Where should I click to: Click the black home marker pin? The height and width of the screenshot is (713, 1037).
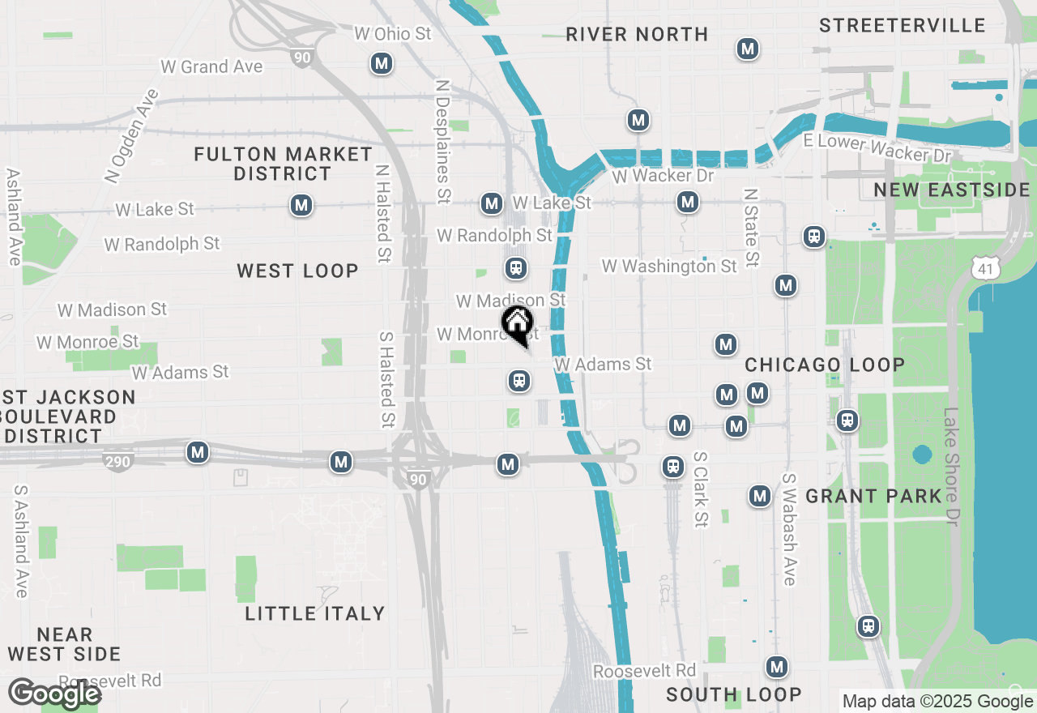pyautogui.click(x=518, y=325)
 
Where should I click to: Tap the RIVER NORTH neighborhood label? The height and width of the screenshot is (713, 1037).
pyautogui.click(x=637, y=34)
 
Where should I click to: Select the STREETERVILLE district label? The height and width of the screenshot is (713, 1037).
pyautogui.click(x=902, y=25)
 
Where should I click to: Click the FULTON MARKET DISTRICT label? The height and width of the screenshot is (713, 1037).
pyautogui.click(x=283, y=164)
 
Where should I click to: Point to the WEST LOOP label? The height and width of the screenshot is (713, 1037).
pyautogui.click(x=297, y=271)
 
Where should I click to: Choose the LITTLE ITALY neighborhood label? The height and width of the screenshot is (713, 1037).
pyautogui.click(x=314, y=613)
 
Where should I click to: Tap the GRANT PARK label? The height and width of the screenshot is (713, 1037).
pyautogui.click(x=873, y=496)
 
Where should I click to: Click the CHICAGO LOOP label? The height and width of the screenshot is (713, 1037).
pyautogui.click(x=824, y=365)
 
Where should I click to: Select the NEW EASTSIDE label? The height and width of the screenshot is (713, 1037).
pyautogui.click(x=951, y=190)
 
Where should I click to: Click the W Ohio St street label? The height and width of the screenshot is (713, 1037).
pyautogui.click(x=393, y=34)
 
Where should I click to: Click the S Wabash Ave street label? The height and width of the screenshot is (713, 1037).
pyautogui.click(x=788, y=529)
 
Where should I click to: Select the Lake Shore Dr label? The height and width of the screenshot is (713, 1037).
pyautogui.click(x=950, y=478)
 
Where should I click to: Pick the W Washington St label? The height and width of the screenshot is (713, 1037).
pyautogui.click(x=669, y=266)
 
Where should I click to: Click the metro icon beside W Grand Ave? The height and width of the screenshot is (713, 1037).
pyautogui.click(x=382, y=63)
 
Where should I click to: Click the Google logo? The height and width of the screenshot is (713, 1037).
pyautogui.click(x=54, y=694)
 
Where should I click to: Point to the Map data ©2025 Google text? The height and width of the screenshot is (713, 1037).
pyautogui.click(x=937, y=702)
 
